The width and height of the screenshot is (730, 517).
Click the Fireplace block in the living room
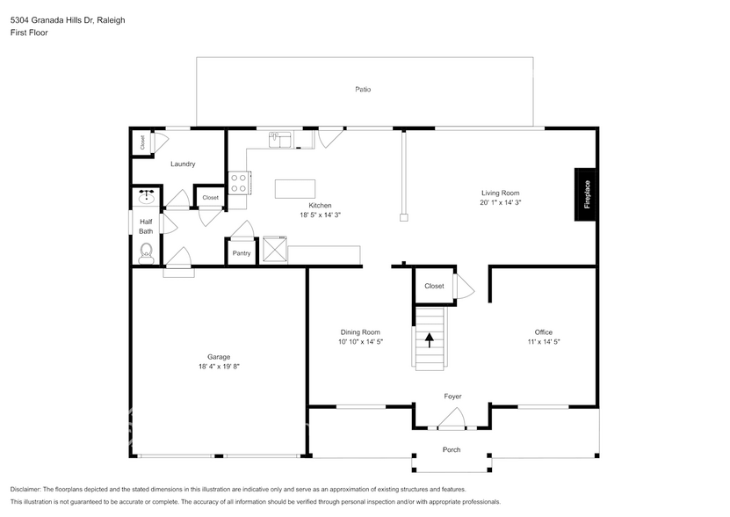point(585,194)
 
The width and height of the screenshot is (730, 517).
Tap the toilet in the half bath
point(146,252)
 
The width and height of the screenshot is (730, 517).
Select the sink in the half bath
point(147,196)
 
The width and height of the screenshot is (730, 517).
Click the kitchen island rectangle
point(294,189)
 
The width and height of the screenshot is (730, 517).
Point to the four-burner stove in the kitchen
point(239,183)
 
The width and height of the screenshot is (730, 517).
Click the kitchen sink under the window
point(280,140)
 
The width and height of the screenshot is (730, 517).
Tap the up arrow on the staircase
point(430,340)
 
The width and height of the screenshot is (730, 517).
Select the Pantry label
point(242,253)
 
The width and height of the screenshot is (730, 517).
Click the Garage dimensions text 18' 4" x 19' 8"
point(219,367)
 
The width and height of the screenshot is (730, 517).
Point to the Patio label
point(363,89)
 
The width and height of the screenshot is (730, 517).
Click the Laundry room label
point(183,164)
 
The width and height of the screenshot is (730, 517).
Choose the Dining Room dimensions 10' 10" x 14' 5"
point(360,342)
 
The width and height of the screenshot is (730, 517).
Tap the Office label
point(543,332)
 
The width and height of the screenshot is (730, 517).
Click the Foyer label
point(452,397)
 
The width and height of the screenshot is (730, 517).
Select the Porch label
point(452,450)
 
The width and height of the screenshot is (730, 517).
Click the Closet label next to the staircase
point(434,287)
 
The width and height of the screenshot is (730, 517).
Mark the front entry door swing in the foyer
point(452,419)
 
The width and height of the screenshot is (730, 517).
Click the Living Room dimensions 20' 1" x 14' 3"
point(501,202)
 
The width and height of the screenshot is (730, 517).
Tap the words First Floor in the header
point(29,33)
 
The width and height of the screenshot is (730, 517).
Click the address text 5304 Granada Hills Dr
point(52,20)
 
